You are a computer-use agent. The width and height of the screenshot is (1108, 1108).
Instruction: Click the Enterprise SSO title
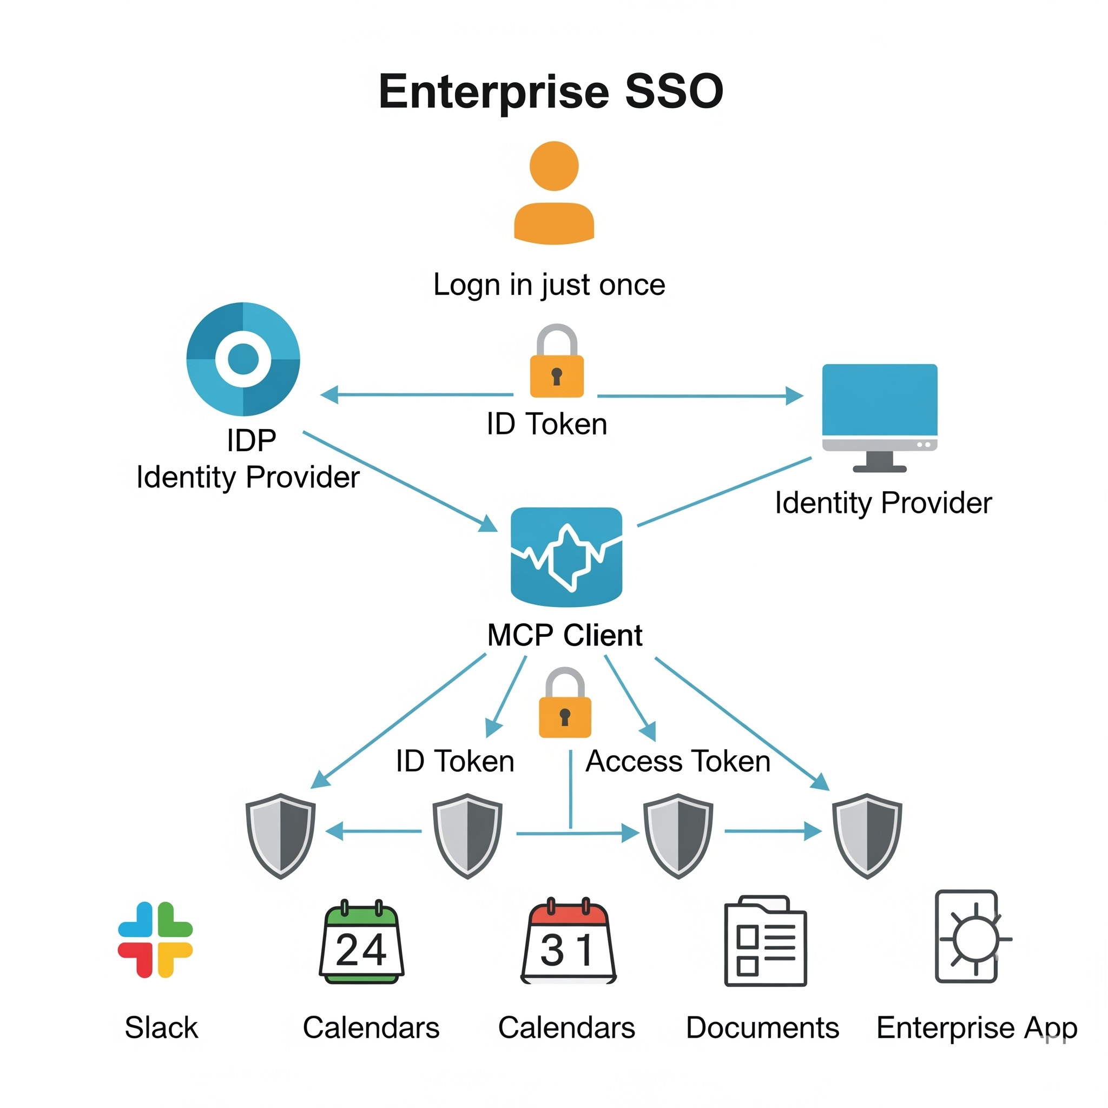(x=551, y=92)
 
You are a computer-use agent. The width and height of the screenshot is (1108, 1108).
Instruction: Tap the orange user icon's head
(x=554, y=166)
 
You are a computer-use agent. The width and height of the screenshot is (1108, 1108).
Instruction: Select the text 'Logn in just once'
(x=549, y=285)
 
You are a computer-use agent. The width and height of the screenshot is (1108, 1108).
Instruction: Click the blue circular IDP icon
(x=243, y=359)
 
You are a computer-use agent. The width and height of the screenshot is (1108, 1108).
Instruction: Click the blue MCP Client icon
(x=566, y=556)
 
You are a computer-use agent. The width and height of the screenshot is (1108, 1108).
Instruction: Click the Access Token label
(x=678, y=762)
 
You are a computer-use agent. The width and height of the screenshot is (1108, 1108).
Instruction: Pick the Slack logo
(x=155, y=939)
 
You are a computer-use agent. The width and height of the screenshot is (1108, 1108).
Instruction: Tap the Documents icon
(x=765, y=941)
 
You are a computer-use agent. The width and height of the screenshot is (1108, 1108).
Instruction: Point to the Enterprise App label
(x=977, y=1028)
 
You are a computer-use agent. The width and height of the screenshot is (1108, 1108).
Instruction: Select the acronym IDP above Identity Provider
(x=251, y=441)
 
